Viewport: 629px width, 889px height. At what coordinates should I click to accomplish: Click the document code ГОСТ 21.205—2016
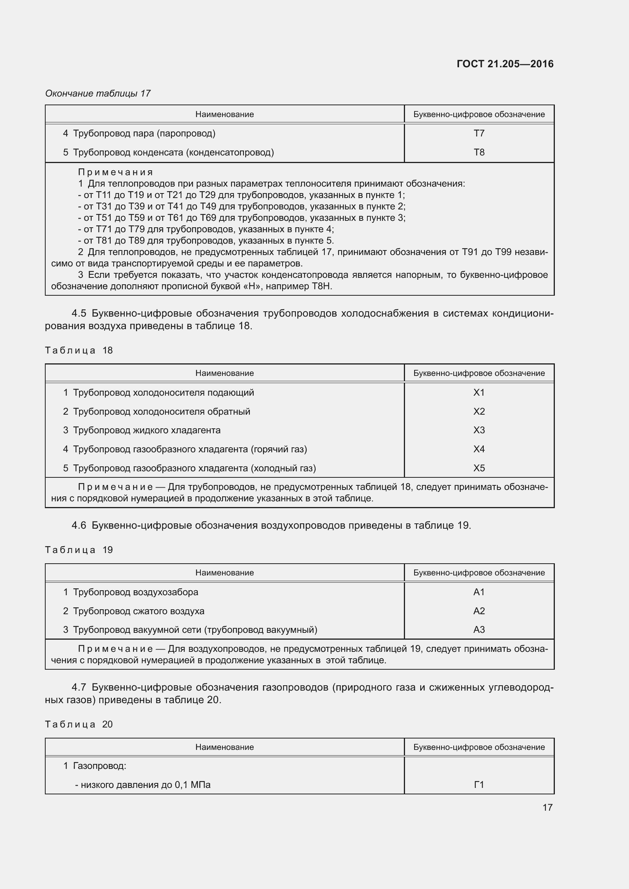tap(505, 64)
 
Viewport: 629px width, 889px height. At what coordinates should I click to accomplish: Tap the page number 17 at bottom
tap(547, 807)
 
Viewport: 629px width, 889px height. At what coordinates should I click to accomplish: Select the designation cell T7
tap(479, 133)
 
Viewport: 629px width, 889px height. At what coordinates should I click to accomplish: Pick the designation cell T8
tap(479, 152)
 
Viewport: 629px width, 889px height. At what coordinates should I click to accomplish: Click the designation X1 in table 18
tap(479, 392)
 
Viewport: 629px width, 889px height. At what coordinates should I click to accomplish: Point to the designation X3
tap(479, 430)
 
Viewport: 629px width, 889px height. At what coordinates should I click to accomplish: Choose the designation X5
tap(479, 468)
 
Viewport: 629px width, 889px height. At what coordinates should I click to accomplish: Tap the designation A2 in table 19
tap(479, 611)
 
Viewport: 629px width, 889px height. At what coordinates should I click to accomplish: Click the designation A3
tap(479, 630)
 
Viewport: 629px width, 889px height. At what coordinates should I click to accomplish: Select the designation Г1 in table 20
tap(479, 785)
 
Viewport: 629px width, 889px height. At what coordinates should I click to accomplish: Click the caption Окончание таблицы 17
tap(98, 93)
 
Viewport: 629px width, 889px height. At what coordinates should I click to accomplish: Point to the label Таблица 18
tap(79, 350)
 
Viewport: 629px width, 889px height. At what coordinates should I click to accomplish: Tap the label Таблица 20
tap(79, 724)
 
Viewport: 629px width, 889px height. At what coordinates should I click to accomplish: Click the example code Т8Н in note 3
tap(321, 287)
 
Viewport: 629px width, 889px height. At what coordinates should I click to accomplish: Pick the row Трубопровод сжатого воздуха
tap(139, 611)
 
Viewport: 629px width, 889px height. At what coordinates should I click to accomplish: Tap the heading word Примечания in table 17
tap(116, 172)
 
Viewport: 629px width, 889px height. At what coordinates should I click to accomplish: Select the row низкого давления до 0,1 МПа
tap(143, 785)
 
